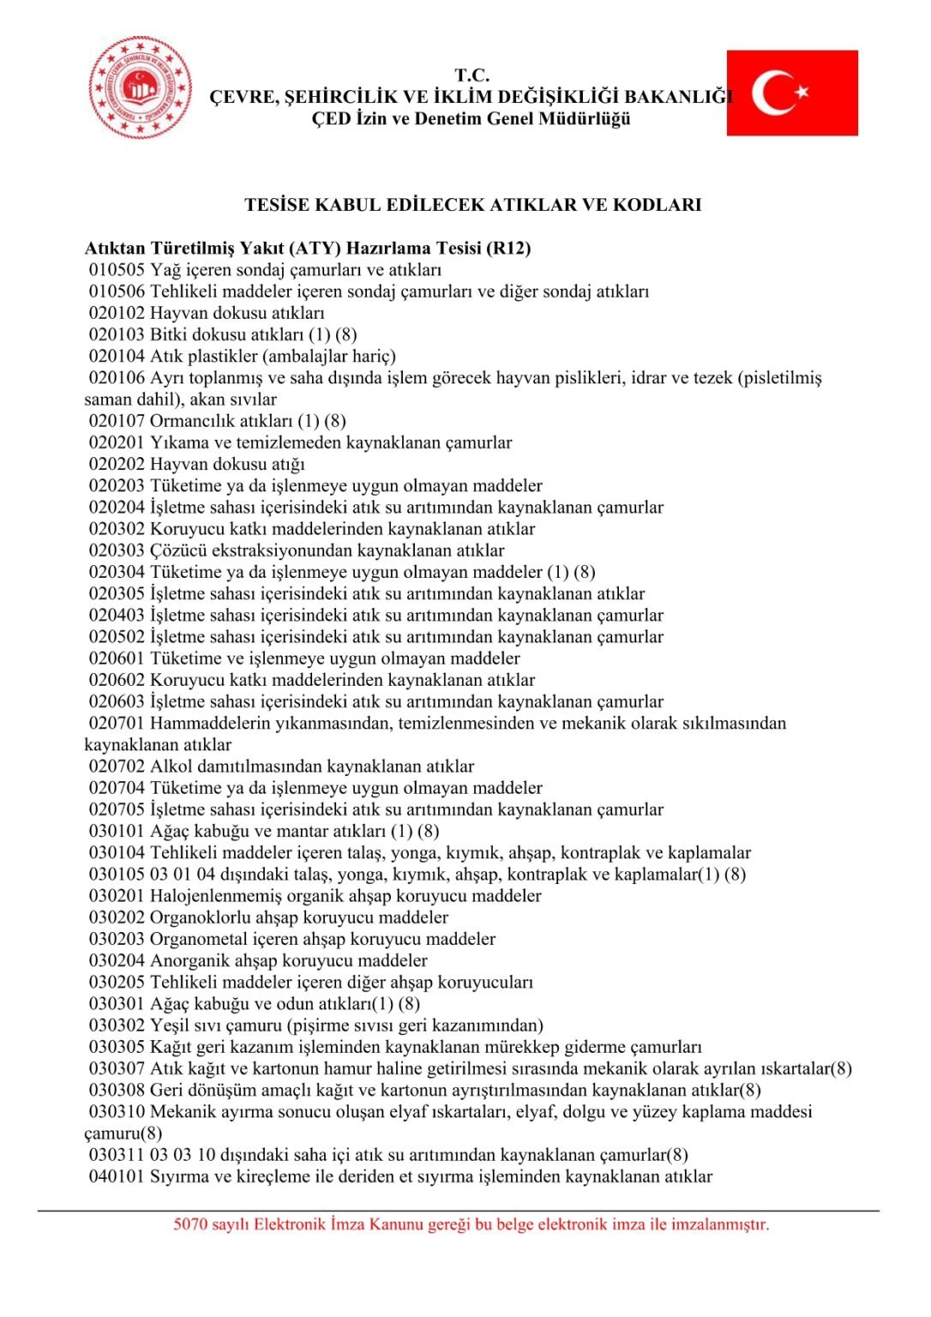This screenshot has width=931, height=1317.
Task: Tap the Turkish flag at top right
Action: pyautogui.click(x=792, y=93)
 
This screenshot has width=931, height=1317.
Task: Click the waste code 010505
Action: pyautogui.click(x=117, y=270)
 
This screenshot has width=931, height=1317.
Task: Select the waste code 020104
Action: pyautogui.click(x=117, y=356)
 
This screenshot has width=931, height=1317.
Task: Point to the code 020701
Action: pyautogui.click(x=117, y=723)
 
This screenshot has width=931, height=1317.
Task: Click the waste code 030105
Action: pyautogui.click(x=117, y=875)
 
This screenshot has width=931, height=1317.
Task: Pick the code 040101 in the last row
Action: pyautogui.click(x=117, y=1176)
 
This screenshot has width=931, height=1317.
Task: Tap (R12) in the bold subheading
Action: pyautogui.click(x=508, y=249)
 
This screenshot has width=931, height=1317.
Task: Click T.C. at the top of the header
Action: pyautogui.click(x=472, y=75)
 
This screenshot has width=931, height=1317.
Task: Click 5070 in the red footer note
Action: pyautogui.click(x=190, y=1224)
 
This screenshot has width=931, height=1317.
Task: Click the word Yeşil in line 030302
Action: pyautogui.click(x=170, y=1025)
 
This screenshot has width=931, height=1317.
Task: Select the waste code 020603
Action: pyautogui.click(x=117, y=701)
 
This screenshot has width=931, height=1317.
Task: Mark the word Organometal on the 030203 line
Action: pyautogui.click(x=199, y=939)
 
